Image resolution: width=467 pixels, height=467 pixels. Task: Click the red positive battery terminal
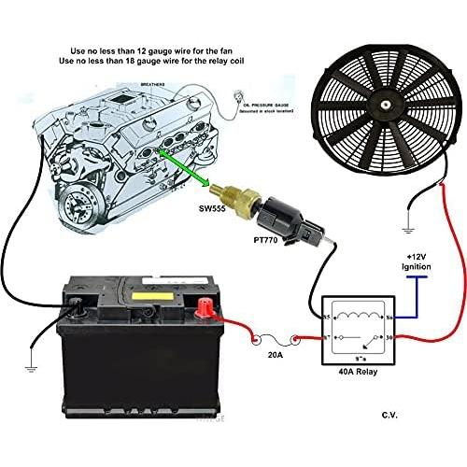pos(205,304)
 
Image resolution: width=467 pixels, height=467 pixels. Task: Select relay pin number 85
pos(326,318)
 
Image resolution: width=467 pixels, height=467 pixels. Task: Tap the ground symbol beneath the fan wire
pos(407,227)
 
